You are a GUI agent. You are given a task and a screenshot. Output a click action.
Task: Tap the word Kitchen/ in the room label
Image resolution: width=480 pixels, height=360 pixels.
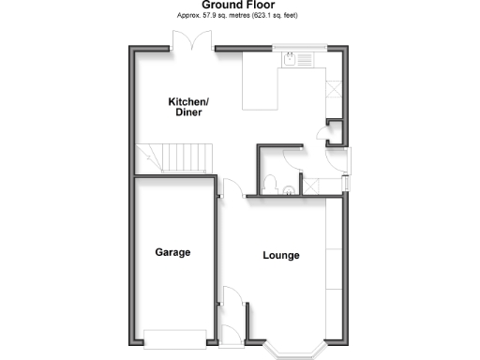point(187,101)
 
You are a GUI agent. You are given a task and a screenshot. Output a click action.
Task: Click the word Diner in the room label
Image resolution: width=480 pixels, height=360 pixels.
point(187,112)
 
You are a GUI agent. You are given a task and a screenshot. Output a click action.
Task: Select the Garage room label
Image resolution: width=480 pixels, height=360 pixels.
point(173,252)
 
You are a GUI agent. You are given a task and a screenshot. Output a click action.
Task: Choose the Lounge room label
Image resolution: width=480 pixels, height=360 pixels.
point(281,255)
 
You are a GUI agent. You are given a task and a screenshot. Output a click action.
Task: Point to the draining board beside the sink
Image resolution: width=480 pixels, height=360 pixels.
point(308,60)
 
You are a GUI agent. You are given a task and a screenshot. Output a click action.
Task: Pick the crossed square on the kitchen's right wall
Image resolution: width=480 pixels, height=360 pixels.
point(333,88)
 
